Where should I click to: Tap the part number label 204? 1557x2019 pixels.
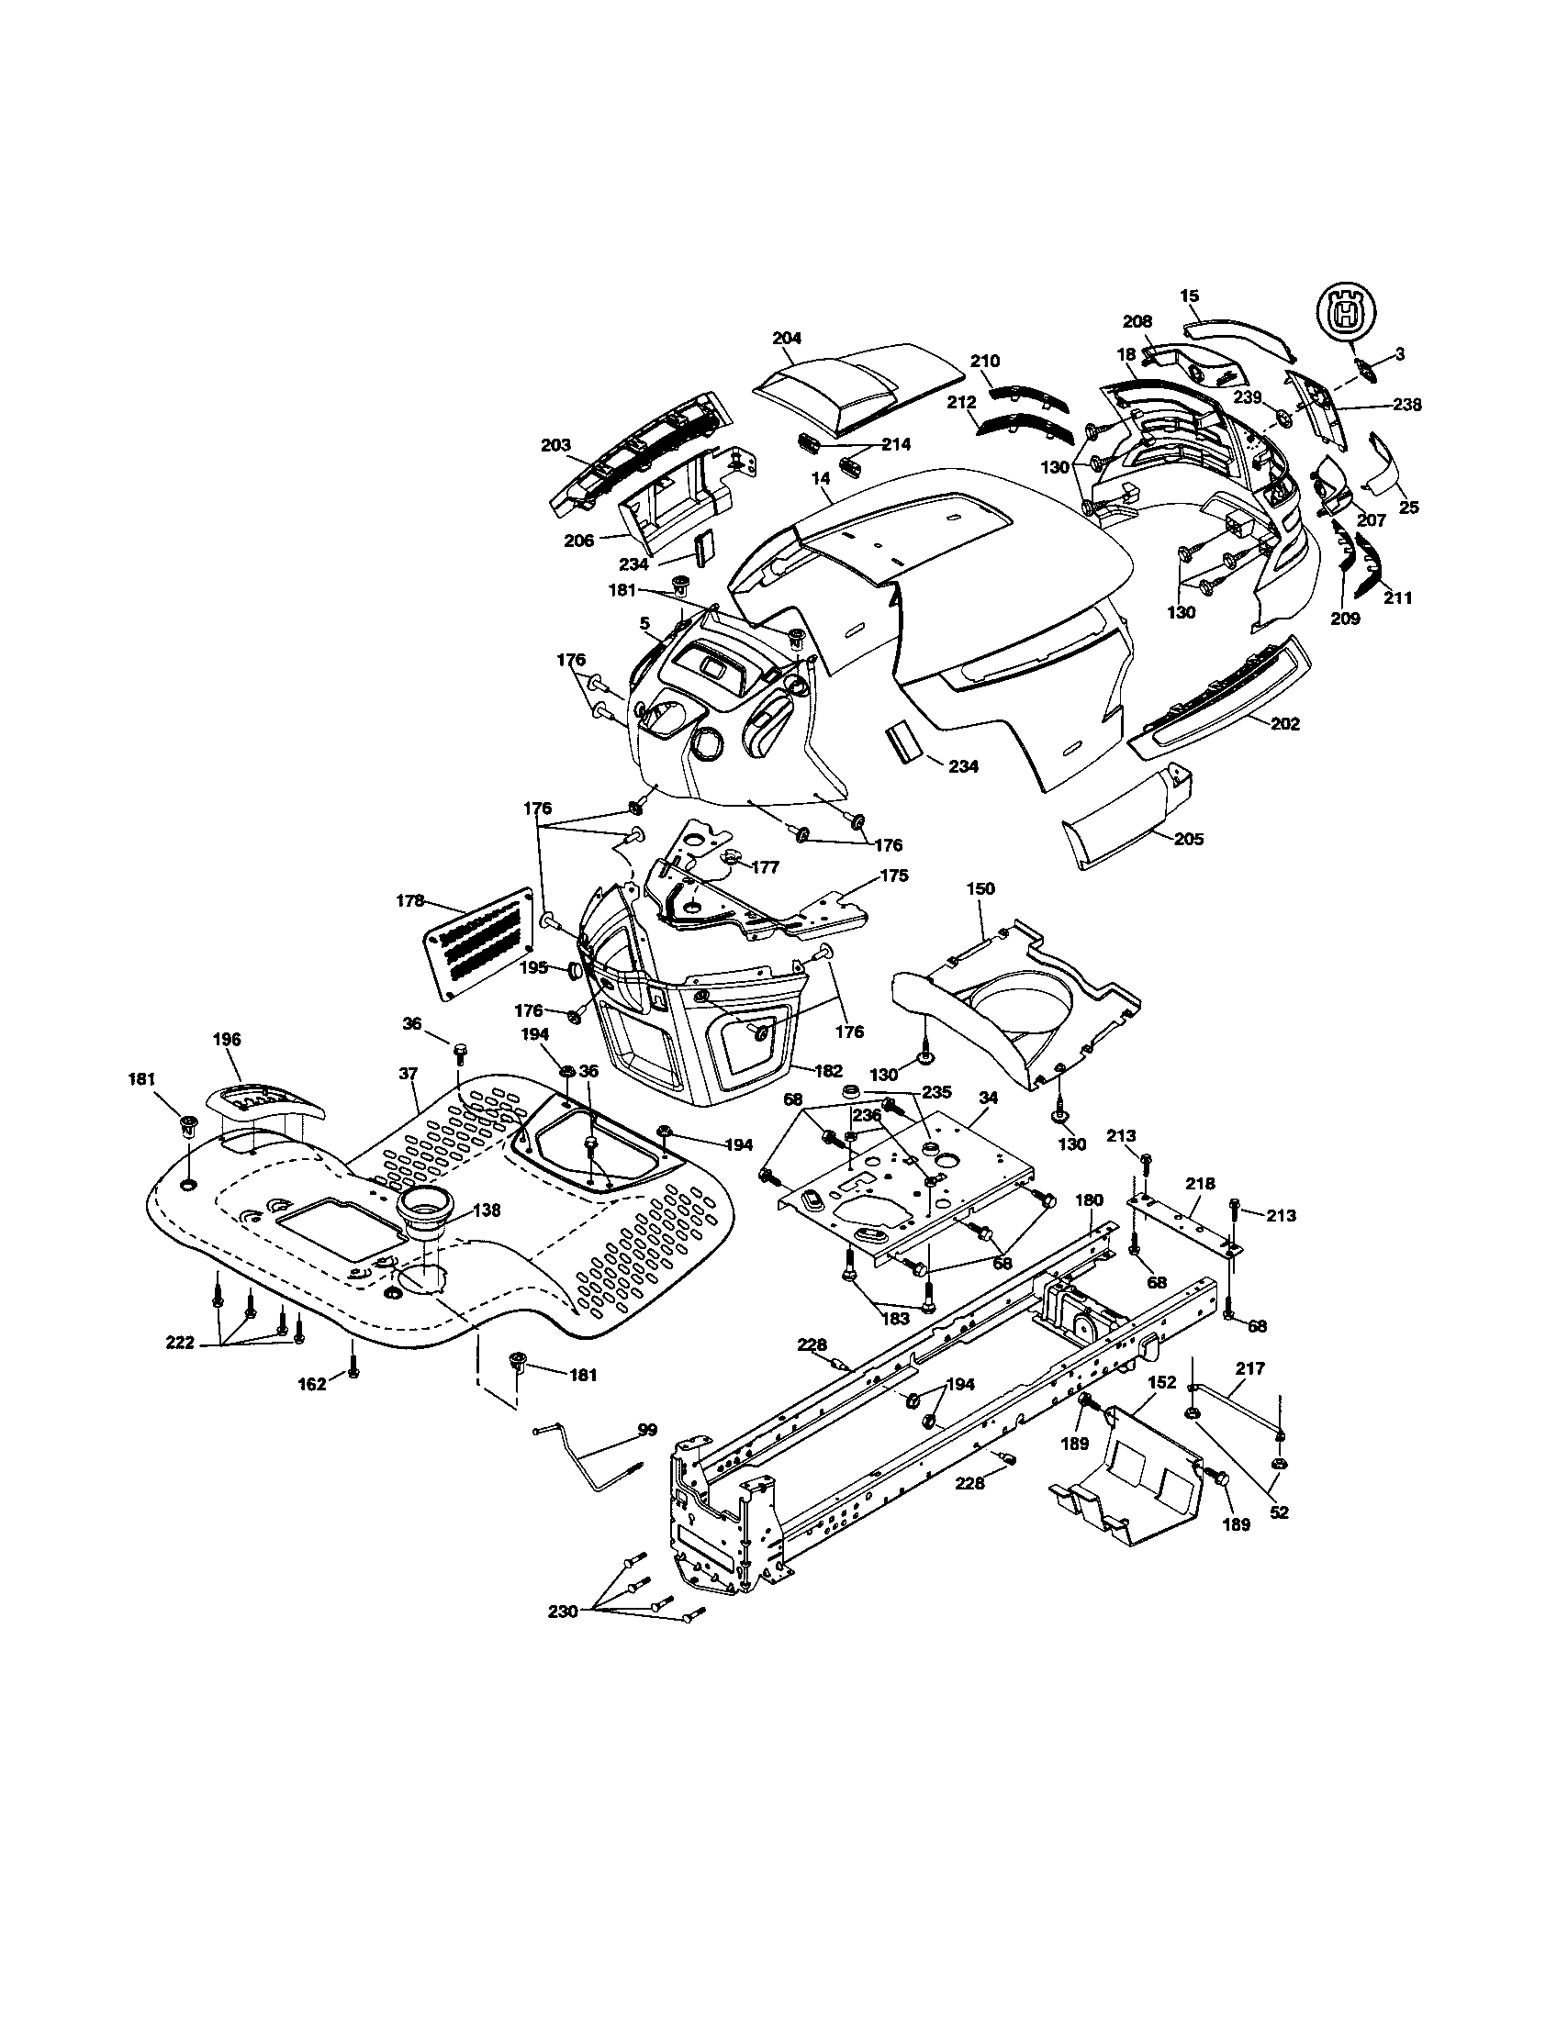[786, 338]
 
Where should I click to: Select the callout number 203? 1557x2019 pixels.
[555, 445]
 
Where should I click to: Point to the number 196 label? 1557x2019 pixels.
[227, 1039]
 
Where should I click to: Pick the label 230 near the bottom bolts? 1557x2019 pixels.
[563, 1636]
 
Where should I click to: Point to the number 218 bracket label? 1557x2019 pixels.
[1201, 1183]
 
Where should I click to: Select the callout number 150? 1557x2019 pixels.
[981, 888]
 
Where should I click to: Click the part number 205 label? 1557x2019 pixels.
[1189, 839]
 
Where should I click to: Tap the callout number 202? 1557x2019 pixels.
[1285, 724]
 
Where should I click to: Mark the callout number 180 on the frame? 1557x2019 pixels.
[1090, 1199]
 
